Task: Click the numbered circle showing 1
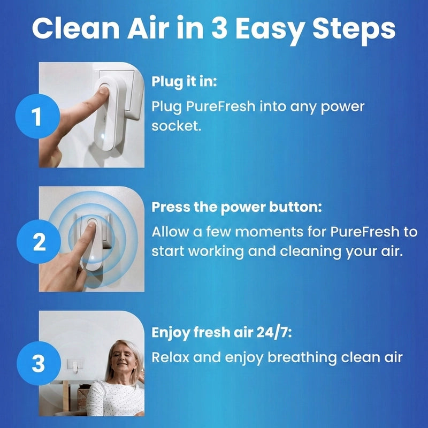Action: click(x=37, y=116)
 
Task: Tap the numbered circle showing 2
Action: click(x=39, y=242)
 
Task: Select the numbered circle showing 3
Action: click(x=39, y=363)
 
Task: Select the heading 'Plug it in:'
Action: click(x=184, y=81)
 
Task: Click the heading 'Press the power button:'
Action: click(x=236, y=208)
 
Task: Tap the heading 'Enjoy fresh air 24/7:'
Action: click(x=221, y=333)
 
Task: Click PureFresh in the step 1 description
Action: click(x=220, y=106)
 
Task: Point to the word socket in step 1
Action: click(x=177, y=126)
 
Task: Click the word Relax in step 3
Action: click(x=170, y=357)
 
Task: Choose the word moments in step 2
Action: click(x=269, y=232)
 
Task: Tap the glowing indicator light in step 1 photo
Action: click(x=102, y=135)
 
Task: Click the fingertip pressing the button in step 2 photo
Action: click(x=91, y=224)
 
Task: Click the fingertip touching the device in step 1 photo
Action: click(x=104, y=90)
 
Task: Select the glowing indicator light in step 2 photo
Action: click(x=92, y=257)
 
